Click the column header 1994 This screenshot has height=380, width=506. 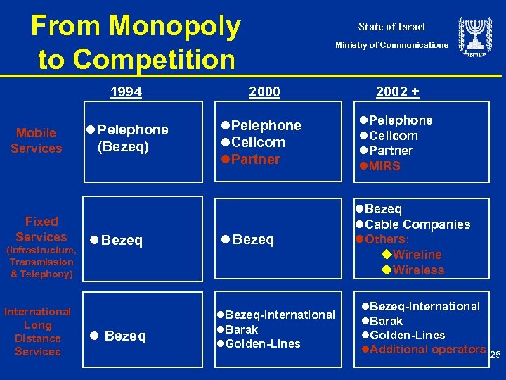click(x=126, y=92)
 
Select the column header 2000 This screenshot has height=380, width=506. click(x=264, y=92)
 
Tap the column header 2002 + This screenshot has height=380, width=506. click(x=397, y=92)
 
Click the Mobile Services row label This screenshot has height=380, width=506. click(x=37, y=141)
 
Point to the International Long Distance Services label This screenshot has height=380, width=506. click(x=38, y=331)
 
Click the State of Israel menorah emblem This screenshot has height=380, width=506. click(x=475, y=37)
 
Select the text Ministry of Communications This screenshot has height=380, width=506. click(x=391, y=45)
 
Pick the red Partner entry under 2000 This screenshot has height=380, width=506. click(x=254, y=159)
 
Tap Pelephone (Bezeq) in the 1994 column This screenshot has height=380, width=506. click(x=128, y=138)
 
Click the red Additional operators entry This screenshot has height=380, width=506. click(x=427, y=350)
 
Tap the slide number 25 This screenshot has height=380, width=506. click(x=495, y=356)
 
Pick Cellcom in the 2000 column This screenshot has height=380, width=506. click(x=257, y=142)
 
